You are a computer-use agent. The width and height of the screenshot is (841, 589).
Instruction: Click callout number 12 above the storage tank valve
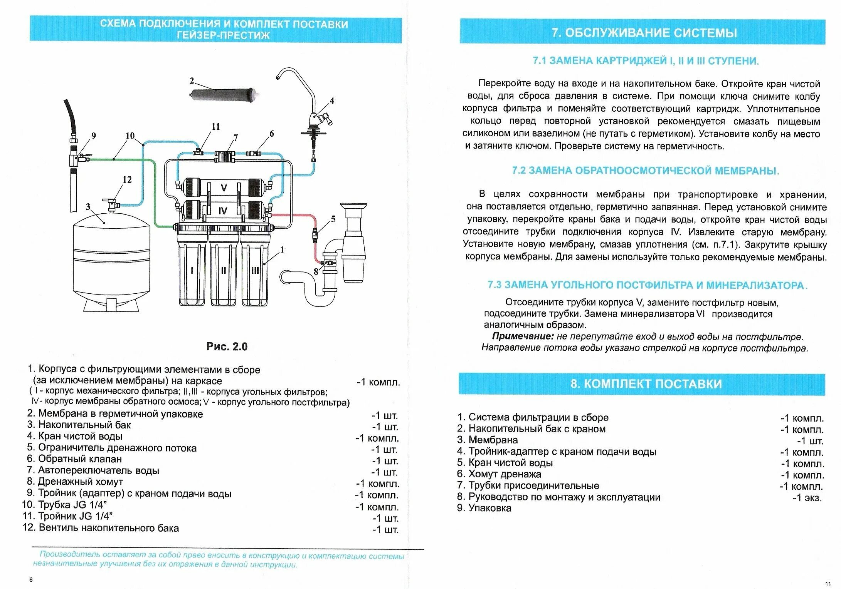point(127,180)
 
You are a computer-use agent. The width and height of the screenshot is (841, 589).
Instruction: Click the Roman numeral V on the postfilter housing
point(224,188)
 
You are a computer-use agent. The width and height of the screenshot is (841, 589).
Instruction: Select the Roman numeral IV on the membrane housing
point(223,211)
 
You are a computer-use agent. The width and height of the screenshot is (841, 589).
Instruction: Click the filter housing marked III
point(255,269)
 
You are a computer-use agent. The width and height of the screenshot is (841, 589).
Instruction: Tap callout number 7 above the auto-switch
point(235,138)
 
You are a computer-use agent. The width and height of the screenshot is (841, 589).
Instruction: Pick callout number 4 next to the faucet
point(332,101)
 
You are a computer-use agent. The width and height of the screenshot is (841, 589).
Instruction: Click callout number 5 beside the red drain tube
point(333,219)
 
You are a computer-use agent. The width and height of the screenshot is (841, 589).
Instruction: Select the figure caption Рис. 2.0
point(227,346)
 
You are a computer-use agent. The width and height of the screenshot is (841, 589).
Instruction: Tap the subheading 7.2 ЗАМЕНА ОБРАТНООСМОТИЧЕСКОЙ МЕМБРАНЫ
point(645,171)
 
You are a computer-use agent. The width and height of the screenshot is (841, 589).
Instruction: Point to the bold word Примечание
point(523,336)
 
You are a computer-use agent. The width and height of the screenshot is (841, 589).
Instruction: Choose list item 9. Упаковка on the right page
point(484,508)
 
